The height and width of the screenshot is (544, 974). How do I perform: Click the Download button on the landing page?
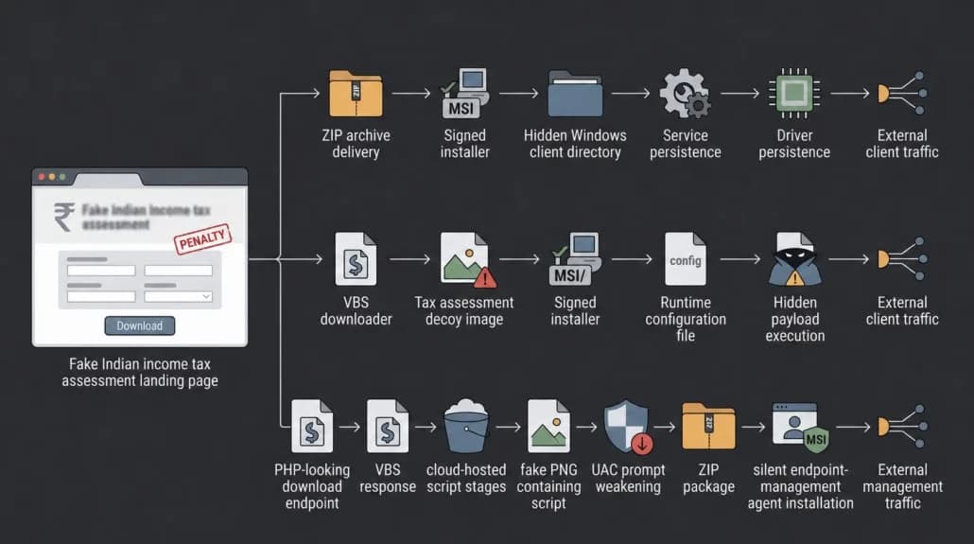(139, 325)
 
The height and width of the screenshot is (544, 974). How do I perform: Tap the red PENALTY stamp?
(202, 238)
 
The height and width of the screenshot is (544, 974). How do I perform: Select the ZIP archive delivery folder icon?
(356, 94)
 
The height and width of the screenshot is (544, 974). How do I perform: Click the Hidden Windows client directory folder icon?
(575, 94)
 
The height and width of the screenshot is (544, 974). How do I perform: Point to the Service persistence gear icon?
(686, 94)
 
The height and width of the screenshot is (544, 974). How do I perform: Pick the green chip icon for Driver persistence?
(794, 94)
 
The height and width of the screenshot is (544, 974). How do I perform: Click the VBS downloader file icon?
(356, 259)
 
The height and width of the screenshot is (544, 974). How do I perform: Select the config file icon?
(686, 259)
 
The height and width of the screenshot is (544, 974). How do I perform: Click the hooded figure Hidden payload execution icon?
(794, 259)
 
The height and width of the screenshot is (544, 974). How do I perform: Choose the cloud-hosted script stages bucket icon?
(466, 427)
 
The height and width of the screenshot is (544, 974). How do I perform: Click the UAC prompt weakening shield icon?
(628, 427)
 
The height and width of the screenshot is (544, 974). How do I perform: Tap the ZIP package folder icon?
(708, 426)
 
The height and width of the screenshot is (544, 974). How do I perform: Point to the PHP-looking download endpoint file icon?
(312, 426)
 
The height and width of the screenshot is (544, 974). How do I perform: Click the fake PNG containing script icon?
(548, 426)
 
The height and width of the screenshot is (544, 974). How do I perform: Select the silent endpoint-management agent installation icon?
(800, 427)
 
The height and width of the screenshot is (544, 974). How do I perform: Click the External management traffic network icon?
(902, 427)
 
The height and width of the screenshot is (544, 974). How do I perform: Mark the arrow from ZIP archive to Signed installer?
(411, 94)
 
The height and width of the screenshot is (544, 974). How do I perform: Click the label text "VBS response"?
(388, 478)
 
